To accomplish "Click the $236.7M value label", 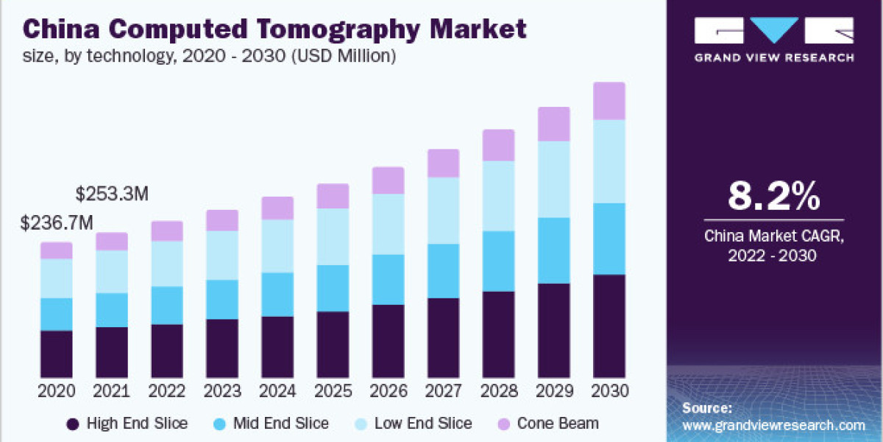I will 57,222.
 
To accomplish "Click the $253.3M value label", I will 113,194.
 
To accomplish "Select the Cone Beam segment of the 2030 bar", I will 609,101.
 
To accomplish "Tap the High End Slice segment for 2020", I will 57,354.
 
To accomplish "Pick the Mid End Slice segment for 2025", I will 333,288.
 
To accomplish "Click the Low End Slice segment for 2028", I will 498,196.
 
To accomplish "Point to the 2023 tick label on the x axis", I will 222,390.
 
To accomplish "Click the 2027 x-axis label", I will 443,390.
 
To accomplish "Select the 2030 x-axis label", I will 609,390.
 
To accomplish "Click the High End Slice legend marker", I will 72,424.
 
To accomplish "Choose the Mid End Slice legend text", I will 280,424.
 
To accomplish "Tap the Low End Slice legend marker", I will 363,424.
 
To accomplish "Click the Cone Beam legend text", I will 558,424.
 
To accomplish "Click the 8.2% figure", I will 773,197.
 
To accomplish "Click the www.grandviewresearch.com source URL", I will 773,425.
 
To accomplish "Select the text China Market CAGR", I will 773,236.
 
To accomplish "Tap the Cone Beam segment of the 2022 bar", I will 167,231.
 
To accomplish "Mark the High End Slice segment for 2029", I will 553,330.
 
